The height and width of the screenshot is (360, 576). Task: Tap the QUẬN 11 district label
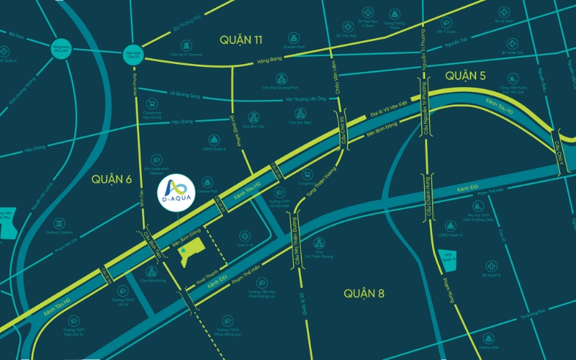(240, 40)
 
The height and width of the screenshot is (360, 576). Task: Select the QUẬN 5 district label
(467, 76)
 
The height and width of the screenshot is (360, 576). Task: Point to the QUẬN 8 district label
(364, 293)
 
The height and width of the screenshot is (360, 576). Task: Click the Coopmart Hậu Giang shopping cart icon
(151, 103)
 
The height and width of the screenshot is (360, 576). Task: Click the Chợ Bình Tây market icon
(253, 117)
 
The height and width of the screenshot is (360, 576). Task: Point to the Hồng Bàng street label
(269, 61)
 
